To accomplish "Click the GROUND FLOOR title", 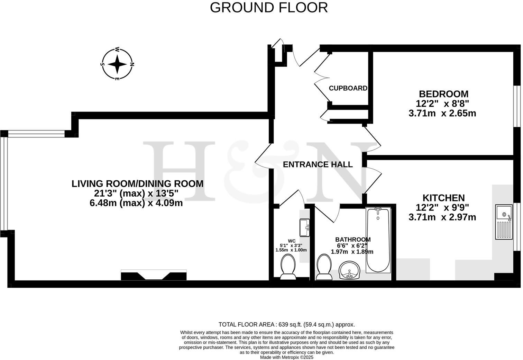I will point(269,8).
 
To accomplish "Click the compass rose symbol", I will point(117,64).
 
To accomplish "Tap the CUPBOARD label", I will point(348,88).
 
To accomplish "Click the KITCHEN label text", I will point(443,198).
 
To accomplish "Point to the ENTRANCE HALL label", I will point(318,164).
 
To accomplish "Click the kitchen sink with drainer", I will point(504,222).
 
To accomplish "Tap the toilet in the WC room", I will point(287,267).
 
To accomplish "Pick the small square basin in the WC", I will point(305,227).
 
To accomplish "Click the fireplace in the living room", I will point(154,275).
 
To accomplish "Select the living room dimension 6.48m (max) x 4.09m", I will point(136,203).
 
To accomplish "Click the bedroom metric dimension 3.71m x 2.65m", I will point(442,113).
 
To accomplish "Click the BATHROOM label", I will point(353,240).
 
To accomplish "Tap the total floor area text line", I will point(286,325).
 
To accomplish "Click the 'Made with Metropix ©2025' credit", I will point(286,357).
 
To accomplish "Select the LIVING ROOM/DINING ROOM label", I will point(137,183).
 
